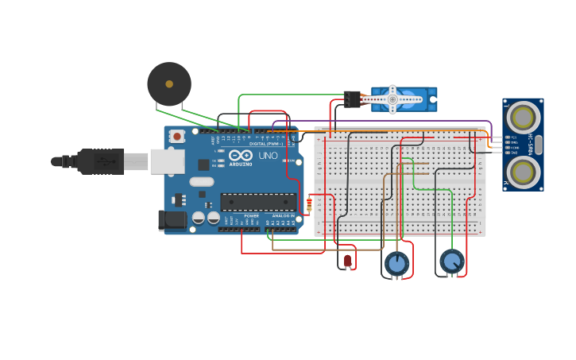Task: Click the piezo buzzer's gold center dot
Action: click(x=169, y=83)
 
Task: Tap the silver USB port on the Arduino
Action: click(x=167, y=161)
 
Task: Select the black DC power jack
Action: click(x=173, y=220)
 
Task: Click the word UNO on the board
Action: click(x=268, y=156)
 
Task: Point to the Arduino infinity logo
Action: click(x=241, y=157)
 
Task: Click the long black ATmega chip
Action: click(x=257, y=202)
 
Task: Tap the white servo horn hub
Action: click(x=392, y=99)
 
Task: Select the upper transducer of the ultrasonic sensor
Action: click(x=523, y=118)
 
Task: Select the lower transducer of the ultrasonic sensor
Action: click(x=523, y=171)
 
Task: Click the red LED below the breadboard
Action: click(x=347, y=260)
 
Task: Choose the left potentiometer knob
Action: click(x=396, y=262)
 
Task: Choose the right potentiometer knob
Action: click(x=451, y=261)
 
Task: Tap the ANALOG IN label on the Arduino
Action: click(x=281, y=215)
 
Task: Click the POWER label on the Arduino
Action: click(x=251, y=215)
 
